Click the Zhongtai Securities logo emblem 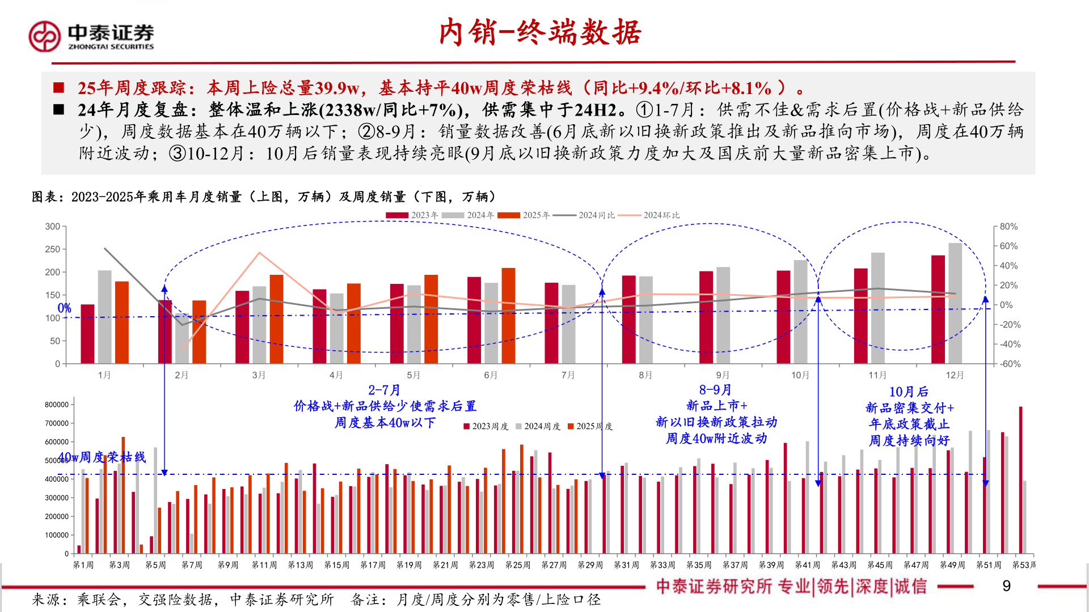click(44, 36)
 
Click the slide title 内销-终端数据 click(540, 32)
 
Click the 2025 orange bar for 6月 click(508, 315)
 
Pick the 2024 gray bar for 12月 click(955, 303)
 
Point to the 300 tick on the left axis click(53, 227)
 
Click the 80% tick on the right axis click(1008, 227)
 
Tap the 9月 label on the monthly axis click(723, 375)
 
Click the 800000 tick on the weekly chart click(57, 405)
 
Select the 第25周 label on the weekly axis click(517, 565)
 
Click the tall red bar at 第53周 click(1020, 479)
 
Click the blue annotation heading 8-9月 click(715, 390)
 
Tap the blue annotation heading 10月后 click(909, 392)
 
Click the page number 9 click(1006, 586)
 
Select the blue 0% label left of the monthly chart click(65, 308)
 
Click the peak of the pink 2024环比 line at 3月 click(259, 253)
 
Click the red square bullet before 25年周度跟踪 click(58, 88)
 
